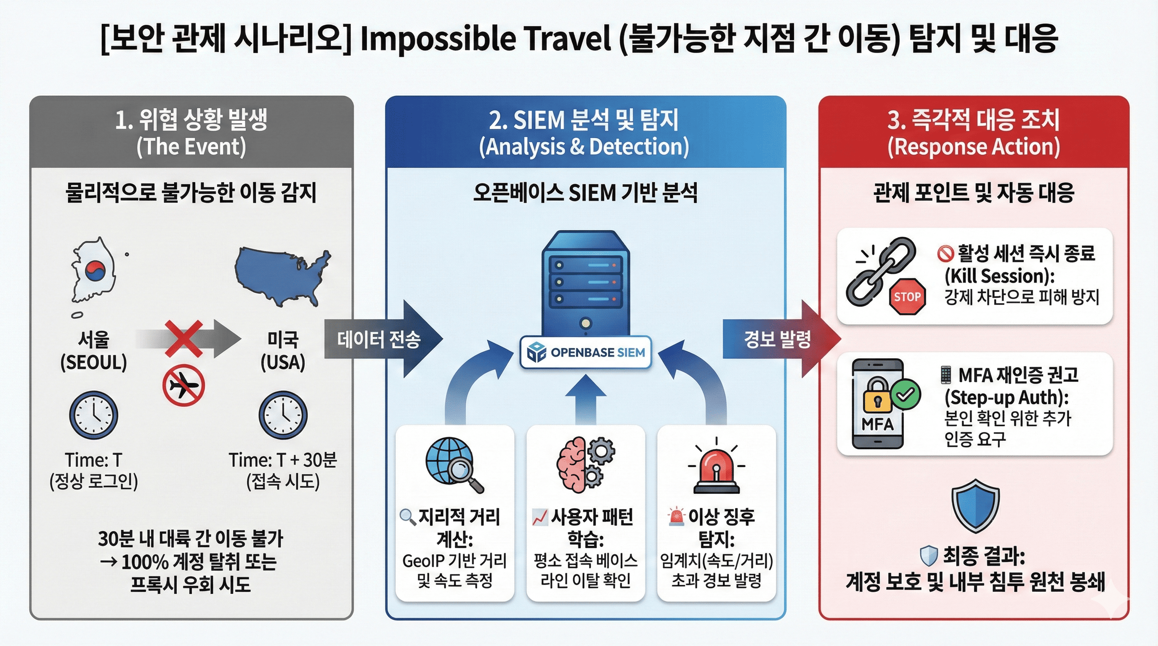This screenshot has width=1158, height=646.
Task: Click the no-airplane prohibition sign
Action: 183,385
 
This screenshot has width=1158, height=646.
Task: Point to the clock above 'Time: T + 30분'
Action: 283,415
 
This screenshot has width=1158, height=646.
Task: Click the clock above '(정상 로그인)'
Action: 93,415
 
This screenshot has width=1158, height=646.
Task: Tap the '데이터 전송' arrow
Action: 383,339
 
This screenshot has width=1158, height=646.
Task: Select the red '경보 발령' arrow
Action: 781,339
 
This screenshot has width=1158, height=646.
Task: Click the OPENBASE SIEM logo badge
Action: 586,352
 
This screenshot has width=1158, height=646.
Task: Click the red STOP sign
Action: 907,297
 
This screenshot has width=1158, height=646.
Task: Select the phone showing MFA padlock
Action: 877,403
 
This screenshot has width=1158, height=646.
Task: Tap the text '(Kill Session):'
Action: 999,276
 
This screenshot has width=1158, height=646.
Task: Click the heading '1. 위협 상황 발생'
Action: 191,120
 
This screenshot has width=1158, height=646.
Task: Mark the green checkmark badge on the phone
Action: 906,394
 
